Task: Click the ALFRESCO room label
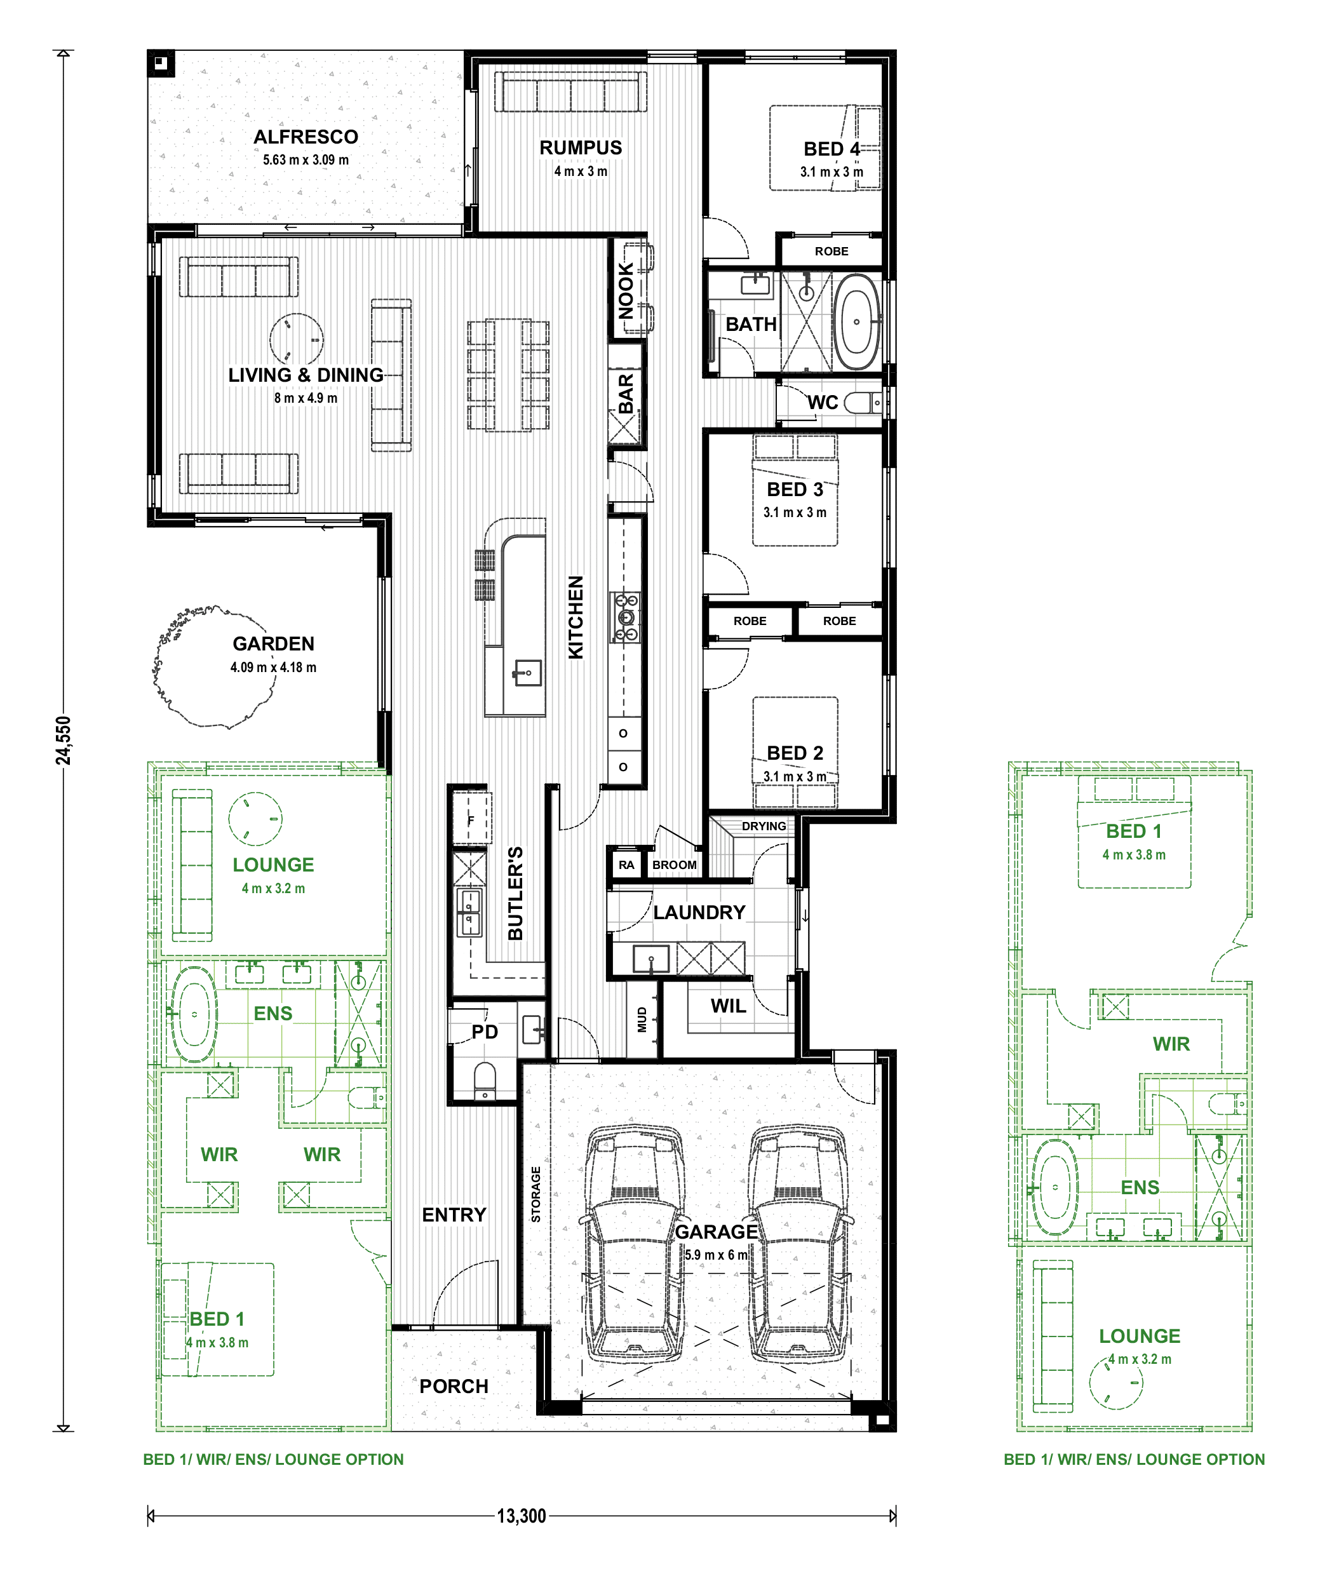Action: pos(306,137)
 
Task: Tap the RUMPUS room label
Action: pos(581,148)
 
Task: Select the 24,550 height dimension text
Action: pos(64,740)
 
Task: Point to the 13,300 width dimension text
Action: pos(522,1516)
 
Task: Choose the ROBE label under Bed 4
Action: pos(832,252)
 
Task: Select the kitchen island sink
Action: pos(527,673)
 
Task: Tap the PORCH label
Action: pos(454,1387)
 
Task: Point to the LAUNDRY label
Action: pos(699,912)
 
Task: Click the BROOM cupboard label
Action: pos(674,865)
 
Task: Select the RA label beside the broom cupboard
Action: pos(626,865)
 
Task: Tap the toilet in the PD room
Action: pos(485,1081)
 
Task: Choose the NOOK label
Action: pos(626,290)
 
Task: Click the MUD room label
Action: pos(642,1020)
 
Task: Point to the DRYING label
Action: pos(764,826)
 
